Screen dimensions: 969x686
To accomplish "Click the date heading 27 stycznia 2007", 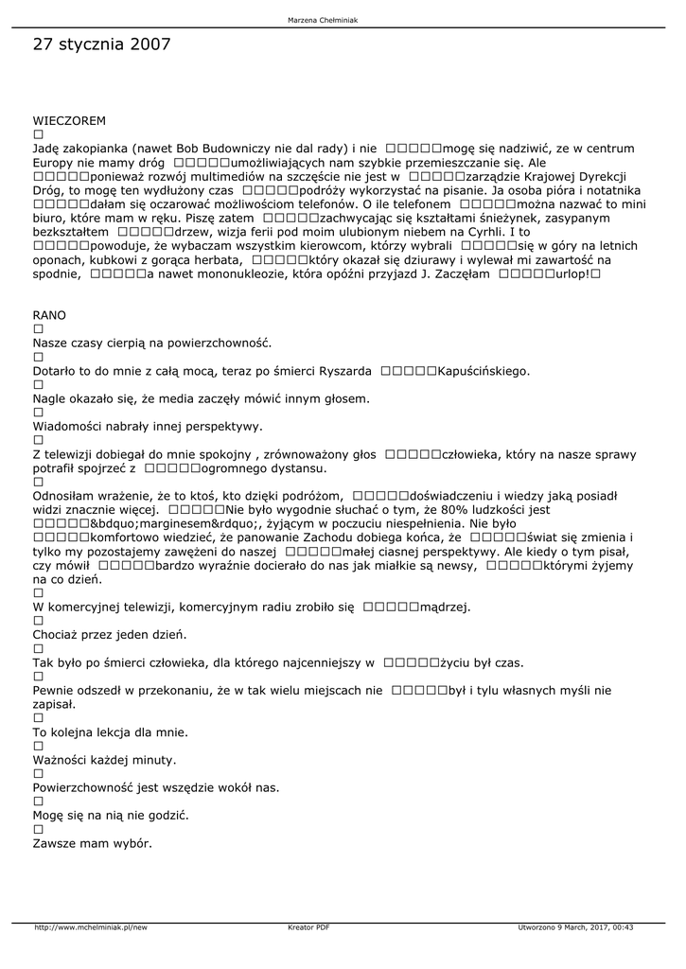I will (101, 44).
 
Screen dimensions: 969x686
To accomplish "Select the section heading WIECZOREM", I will (69, 121).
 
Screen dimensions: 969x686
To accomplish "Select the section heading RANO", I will (49, 314).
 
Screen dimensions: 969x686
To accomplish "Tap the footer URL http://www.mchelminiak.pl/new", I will (91, 927).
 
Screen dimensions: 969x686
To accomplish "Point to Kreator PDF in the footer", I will (308, 927).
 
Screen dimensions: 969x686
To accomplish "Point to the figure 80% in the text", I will (486, 508).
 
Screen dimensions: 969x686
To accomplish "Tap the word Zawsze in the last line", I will (55, 842).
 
